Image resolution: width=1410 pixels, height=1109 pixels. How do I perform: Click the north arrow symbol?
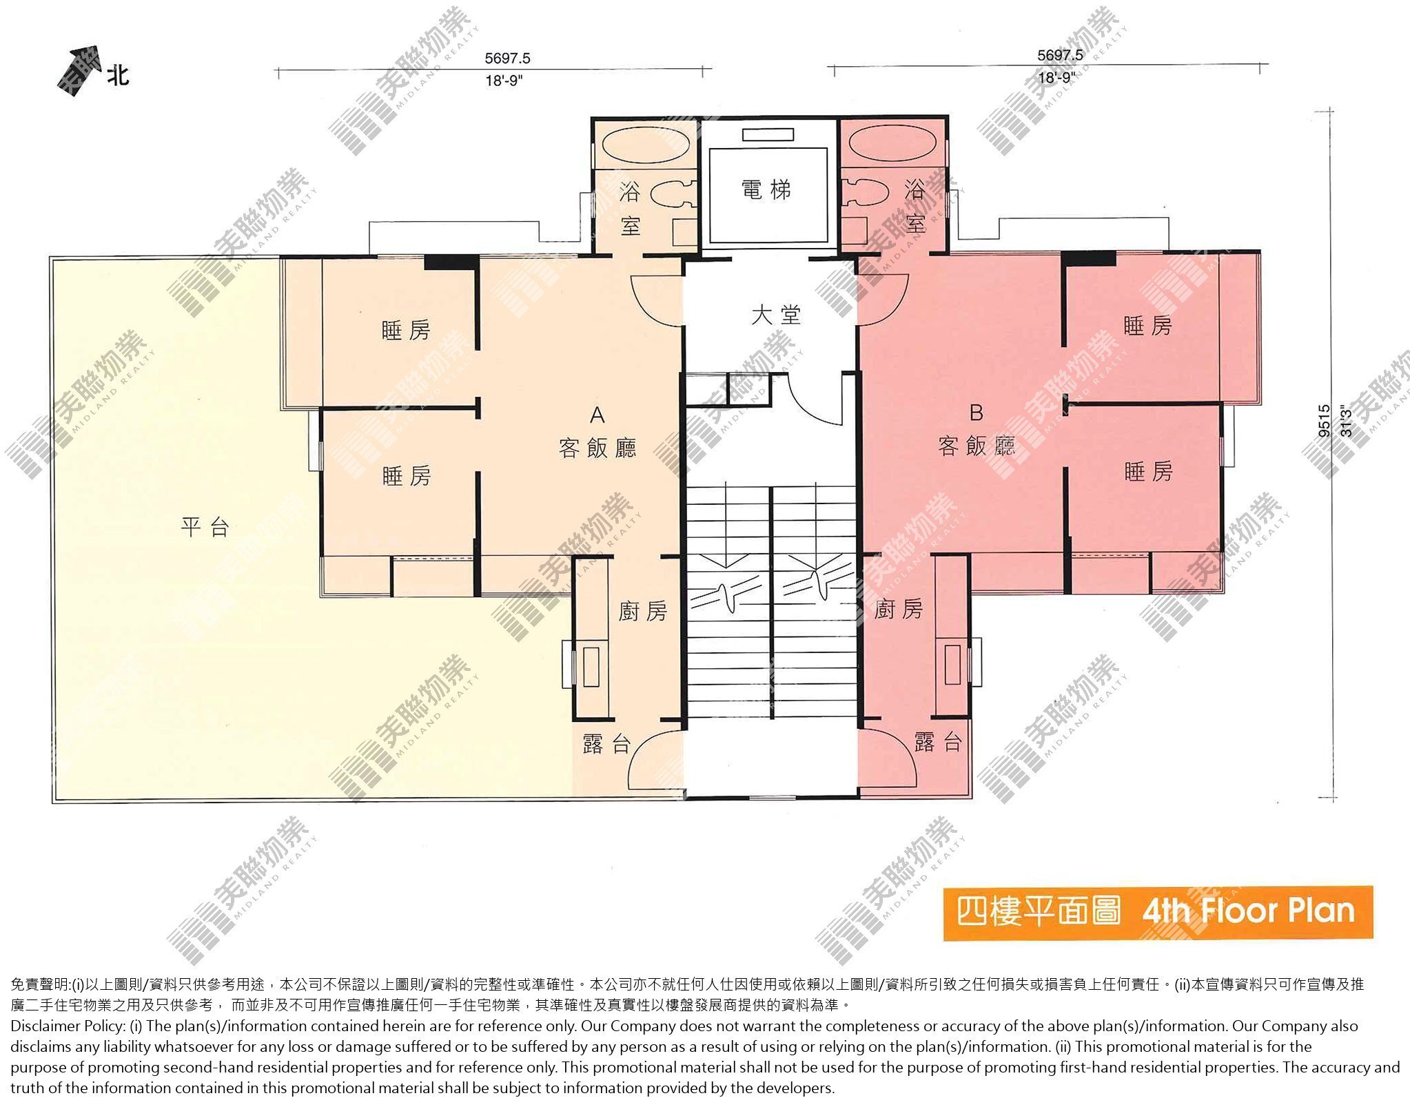click(x=76, y=70)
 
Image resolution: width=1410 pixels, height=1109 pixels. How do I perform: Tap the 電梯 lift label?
click(x=766, y=189)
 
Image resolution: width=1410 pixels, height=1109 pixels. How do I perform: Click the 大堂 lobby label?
click(x=776, y=315)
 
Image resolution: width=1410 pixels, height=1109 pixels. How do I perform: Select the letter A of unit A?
click(x=597, y=415)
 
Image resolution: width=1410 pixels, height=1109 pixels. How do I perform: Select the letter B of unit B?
click(x=976, y=413)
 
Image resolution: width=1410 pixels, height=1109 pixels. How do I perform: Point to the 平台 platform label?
click(x=205, y=527)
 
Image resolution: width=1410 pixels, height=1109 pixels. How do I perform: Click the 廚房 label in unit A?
click(x=642, y=611)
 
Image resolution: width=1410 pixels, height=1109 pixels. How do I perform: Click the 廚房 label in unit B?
click(x=898, y=609)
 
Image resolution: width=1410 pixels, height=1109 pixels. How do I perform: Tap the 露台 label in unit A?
click(x=606, y=744)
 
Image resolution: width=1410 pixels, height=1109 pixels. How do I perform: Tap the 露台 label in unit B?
click(x=938, y=742)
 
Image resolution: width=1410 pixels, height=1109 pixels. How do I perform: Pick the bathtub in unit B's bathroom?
click(x=893, y=143)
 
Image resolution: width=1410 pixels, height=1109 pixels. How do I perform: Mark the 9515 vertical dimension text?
click(x=1324, y=421)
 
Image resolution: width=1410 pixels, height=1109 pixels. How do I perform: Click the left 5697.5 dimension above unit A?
click(x=507, y=59)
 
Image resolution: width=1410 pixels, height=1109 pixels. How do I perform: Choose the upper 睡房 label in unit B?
click(x=1147, y=326)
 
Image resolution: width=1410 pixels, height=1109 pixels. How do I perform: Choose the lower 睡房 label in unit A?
click(x=407, y=475)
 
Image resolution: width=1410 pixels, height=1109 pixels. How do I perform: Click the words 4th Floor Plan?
click(x=1248, y=911)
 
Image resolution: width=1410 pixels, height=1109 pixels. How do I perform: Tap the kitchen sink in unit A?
click(x=591, y=667)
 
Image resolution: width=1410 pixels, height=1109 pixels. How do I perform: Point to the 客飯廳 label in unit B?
click(x=977, y=446)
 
